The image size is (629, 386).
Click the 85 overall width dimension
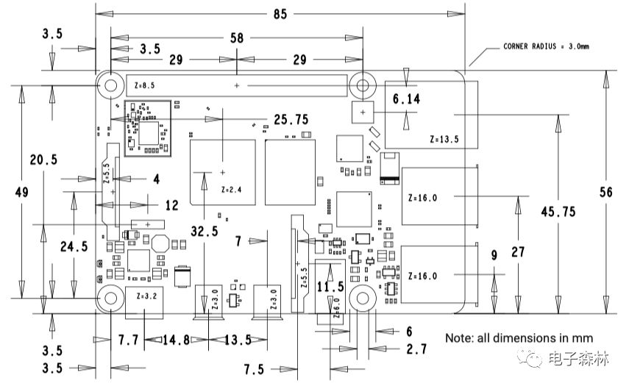pyautogui.click(x=280, y=14)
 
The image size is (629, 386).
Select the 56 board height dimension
pyautogui.click(x=605, y=192)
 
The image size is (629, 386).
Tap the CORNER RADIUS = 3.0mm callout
pyautogui.click(x=546, y=46)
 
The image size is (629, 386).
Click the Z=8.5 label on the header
pyautogui.click(x=144, y=85)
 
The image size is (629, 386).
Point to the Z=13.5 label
pyautogui.click(x=444, y=139)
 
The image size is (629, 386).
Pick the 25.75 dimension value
pyautogui.click(x=291, y=119)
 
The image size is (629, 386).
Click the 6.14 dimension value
pyautogui.click(x=406, y=99)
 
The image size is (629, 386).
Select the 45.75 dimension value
pyautogui.click(x=558, y=211)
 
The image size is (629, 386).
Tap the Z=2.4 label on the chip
pyautogui.click(x=232, y=190)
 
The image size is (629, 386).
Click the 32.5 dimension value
pyautogui.click(x=205, y=231)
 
